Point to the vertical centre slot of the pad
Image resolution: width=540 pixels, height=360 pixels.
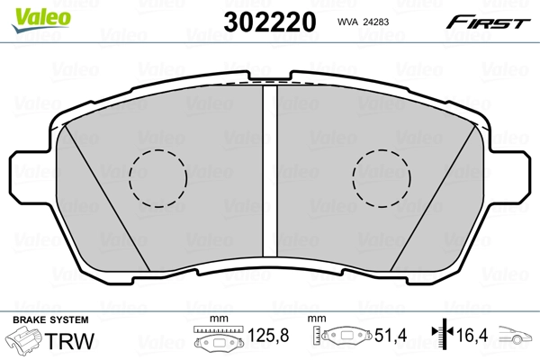pyautogui.click(x=270, y=171)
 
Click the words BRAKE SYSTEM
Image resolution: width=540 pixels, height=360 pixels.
pyautogui.click(x=50, y=320)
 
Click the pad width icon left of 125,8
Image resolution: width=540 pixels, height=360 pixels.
pyautogui.click(x=218, y=339)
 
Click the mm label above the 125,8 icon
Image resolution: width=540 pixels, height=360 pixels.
pyautogui.click(x=216, y=319)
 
